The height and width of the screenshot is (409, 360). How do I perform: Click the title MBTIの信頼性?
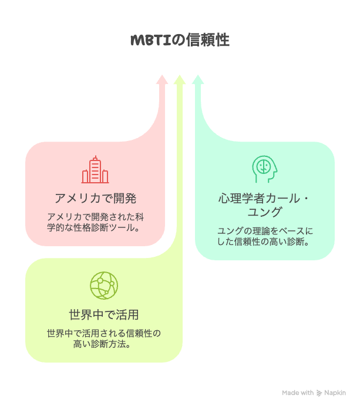180,40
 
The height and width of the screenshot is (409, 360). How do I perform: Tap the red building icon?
95,170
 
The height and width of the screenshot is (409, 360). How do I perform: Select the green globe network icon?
104,286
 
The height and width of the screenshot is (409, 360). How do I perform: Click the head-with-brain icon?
265,169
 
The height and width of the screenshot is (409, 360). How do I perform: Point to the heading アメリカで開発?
95,198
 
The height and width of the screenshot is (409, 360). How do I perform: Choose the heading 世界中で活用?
104,314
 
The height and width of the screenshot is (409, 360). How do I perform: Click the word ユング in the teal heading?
265,212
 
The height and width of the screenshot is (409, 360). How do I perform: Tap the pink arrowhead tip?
162,75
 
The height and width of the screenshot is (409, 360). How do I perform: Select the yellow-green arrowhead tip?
179,75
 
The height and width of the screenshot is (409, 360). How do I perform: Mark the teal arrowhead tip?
198,75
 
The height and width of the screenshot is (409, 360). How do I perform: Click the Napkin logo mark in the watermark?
319,393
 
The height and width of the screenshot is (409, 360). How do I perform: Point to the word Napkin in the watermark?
335,393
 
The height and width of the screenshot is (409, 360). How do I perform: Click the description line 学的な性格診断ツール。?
93,228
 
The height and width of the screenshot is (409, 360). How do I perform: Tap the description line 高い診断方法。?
102,344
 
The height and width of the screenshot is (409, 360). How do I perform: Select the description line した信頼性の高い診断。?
263,242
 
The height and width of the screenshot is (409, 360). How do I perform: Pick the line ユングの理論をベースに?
265,231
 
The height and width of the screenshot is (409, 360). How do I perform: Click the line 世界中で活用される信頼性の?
104,333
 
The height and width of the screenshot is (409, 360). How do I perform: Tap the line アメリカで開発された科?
95,217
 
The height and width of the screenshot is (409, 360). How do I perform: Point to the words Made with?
298,393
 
